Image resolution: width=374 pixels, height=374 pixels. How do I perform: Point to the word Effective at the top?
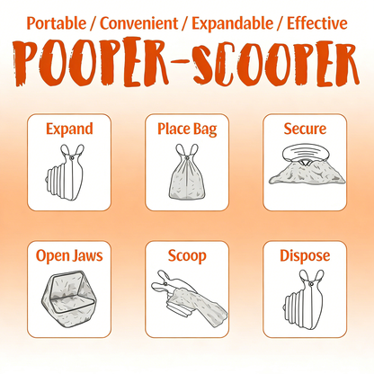click(x=307, y=22)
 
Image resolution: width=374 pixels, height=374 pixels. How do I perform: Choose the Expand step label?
click(x=69, y=129)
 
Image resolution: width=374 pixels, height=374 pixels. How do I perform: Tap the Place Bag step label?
click(x=186, y=129)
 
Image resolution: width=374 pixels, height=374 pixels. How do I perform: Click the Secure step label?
click(x=304, y=129)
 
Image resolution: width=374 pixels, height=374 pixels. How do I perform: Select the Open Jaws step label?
click(x=69, y=255)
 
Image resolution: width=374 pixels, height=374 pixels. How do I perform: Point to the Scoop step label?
click(x=186, y=255)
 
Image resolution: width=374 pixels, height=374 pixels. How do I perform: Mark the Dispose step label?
click(x=304, y=255)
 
